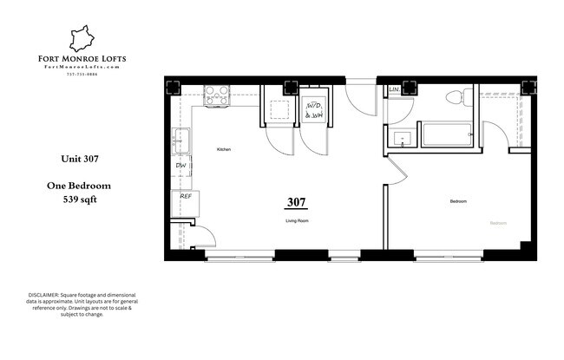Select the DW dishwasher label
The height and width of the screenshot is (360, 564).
coord(181,166)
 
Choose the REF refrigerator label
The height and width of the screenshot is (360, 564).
coord(185,197)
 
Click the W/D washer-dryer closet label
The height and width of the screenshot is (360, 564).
coord(314,108)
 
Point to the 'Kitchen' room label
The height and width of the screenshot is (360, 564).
coord(223,150)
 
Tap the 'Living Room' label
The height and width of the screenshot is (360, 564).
coord(298,221)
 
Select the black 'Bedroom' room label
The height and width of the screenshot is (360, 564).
coord(458,201)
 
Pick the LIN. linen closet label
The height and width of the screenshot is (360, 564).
coord(395,89)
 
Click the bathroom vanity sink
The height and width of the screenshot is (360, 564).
coord(403,137)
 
